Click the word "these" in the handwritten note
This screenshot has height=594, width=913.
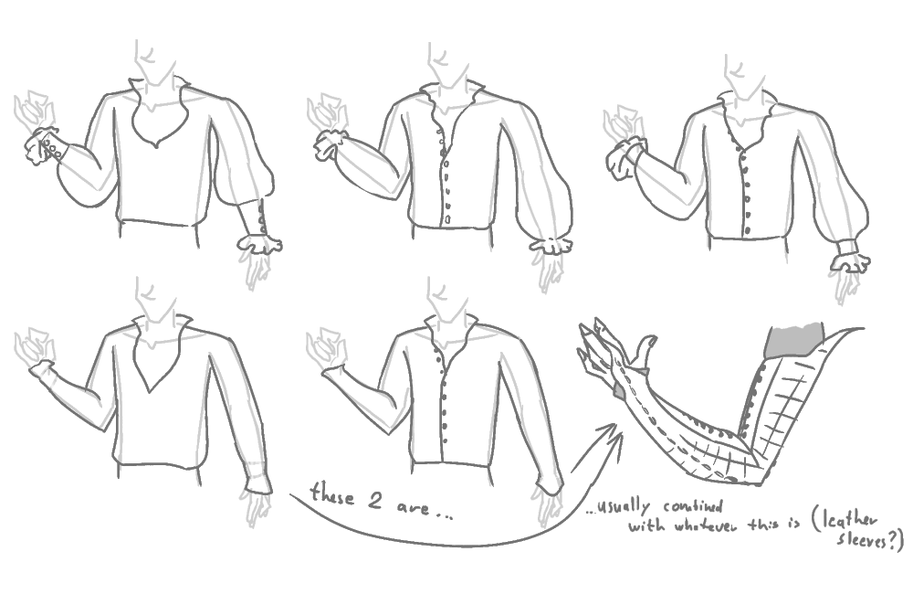tap(332, 494)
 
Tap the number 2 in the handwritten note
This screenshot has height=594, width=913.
tap(375, 501)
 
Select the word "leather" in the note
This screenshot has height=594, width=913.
tap(851, 523)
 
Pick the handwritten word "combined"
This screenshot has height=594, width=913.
tap(693, 506)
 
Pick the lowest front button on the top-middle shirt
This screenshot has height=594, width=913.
tap(447, 219)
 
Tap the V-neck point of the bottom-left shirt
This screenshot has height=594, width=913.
tap(150, 391)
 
